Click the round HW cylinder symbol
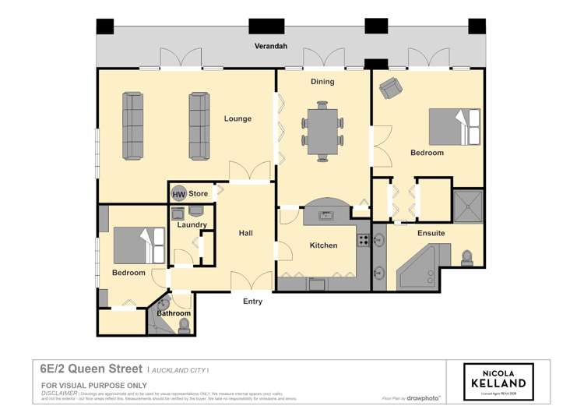179,193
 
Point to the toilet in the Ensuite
467,256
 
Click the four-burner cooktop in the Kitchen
364,240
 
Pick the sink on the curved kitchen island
325,215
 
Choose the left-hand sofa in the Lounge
132,125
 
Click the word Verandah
271,47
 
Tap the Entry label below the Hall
252,302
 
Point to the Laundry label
192,225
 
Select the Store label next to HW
198,193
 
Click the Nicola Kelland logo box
498,382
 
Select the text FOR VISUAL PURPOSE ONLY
93,386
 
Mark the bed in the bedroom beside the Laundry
139,245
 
